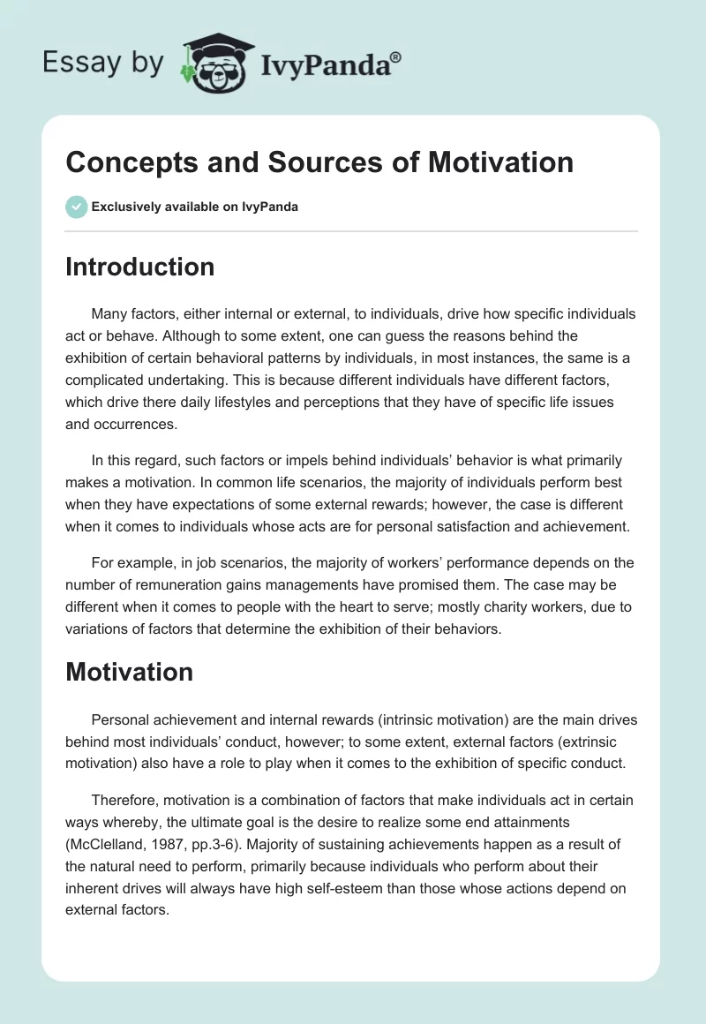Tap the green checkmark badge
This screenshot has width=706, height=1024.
[x=76, y=207]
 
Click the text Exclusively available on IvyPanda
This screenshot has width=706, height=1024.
[x=194, y=207]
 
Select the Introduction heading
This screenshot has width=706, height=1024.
[x=139, y=267]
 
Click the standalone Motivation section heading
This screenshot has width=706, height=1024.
[x=129, y=672]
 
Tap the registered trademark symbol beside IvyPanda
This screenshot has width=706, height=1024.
[x=396, y=56]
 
